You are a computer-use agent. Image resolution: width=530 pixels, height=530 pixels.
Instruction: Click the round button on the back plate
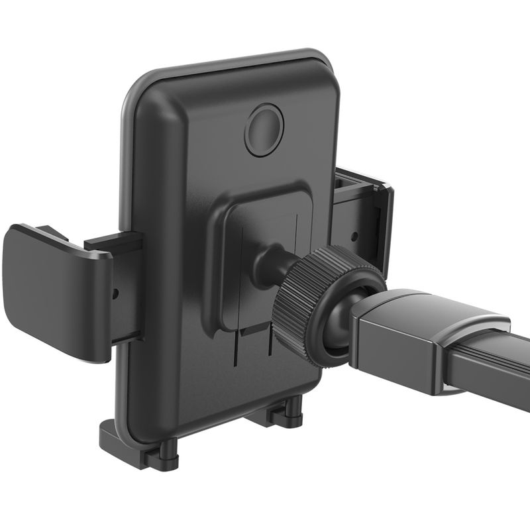(x=264, y=130)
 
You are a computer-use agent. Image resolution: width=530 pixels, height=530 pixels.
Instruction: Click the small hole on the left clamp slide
(x=117, y=291)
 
